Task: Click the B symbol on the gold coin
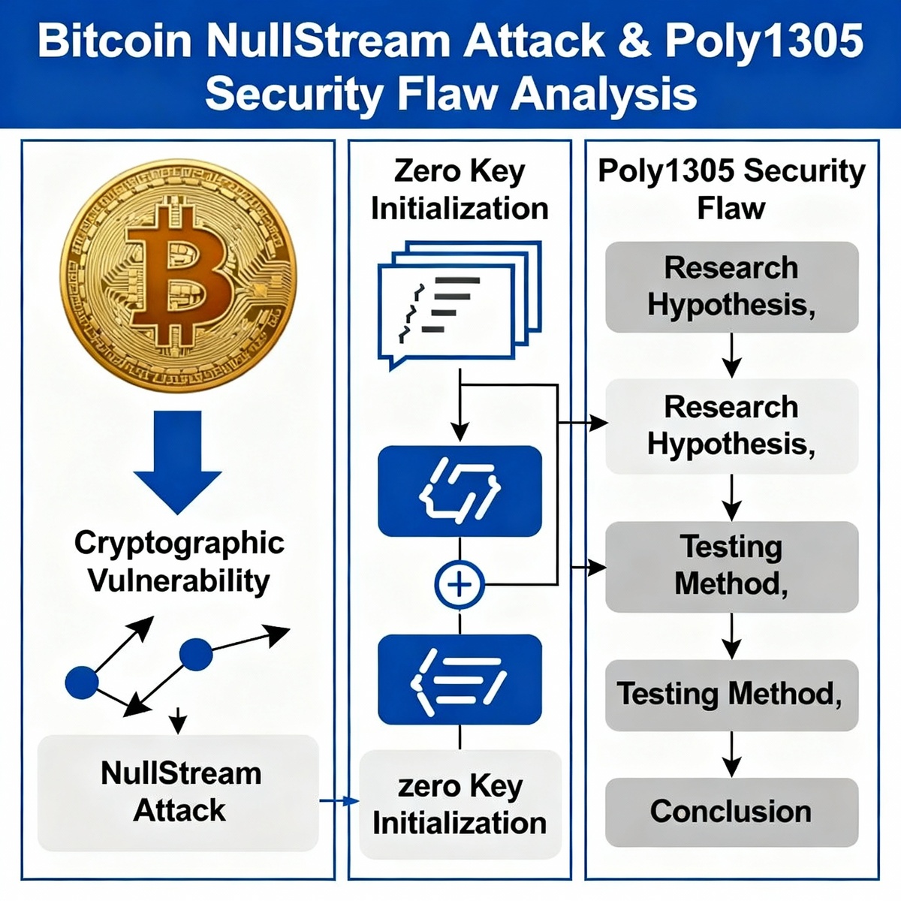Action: (178, 275)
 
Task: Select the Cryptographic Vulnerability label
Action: (179, 562)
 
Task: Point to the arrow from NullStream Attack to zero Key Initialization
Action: (339, 801)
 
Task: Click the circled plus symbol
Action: (460, 584)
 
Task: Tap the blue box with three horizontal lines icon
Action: (460, 680)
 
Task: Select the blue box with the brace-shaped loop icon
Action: (460, 491)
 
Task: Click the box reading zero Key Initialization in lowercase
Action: (460, 804)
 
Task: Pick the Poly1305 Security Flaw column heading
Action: (731, 189)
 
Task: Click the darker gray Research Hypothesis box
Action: (731, 287)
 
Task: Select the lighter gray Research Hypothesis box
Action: (731, 426)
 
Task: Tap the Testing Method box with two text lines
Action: (731, 565)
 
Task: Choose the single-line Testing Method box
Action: (731, 695)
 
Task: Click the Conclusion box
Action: (731, 812)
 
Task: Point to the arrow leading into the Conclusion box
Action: (731, 755)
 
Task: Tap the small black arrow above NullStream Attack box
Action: (178, 720)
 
